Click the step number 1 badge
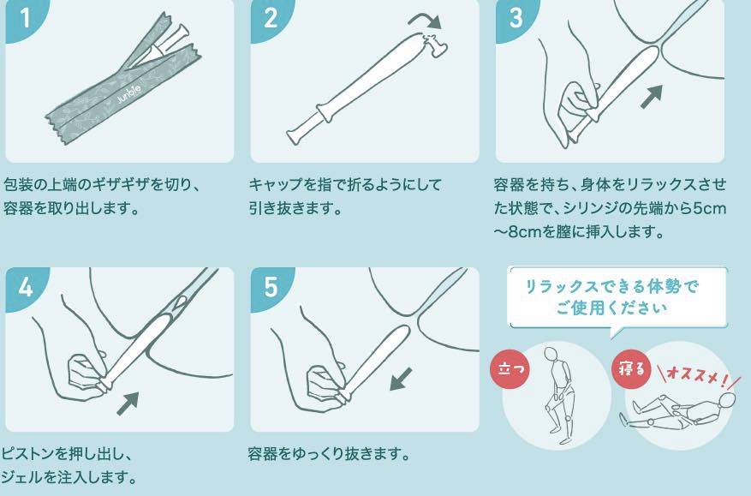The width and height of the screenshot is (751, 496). pos(24,19)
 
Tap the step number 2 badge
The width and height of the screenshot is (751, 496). pos(270,19)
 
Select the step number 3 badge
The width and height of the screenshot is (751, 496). pos(515,19)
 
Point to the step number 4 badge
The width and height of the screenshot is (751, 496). pos(25,288)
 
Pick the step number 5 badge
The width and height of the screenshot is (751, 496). pos(270,288)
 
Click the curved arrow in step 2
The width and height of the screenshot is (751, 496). pos(425,19)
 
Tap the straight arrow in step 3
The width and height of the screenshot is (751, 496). pos(652,96)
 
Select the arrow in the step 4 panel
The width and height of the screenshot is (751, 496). pos(128,403)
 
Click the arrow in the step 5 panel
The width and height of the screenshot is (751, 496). pos(401,379)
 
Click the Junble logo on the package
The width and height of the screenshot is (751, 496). pos(128,94)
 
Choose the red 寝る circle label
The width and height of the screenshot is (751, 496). pos(631,369)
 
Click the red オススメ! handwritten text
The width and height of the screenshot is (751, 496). pos(698,376)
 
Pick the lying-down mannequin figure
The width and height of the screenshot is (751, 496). pos(677,411)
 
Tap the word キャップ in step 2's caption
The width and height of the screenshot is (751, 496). pos(277,185)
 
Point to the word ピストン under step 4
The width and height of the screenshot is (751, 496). pos(27,453)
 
